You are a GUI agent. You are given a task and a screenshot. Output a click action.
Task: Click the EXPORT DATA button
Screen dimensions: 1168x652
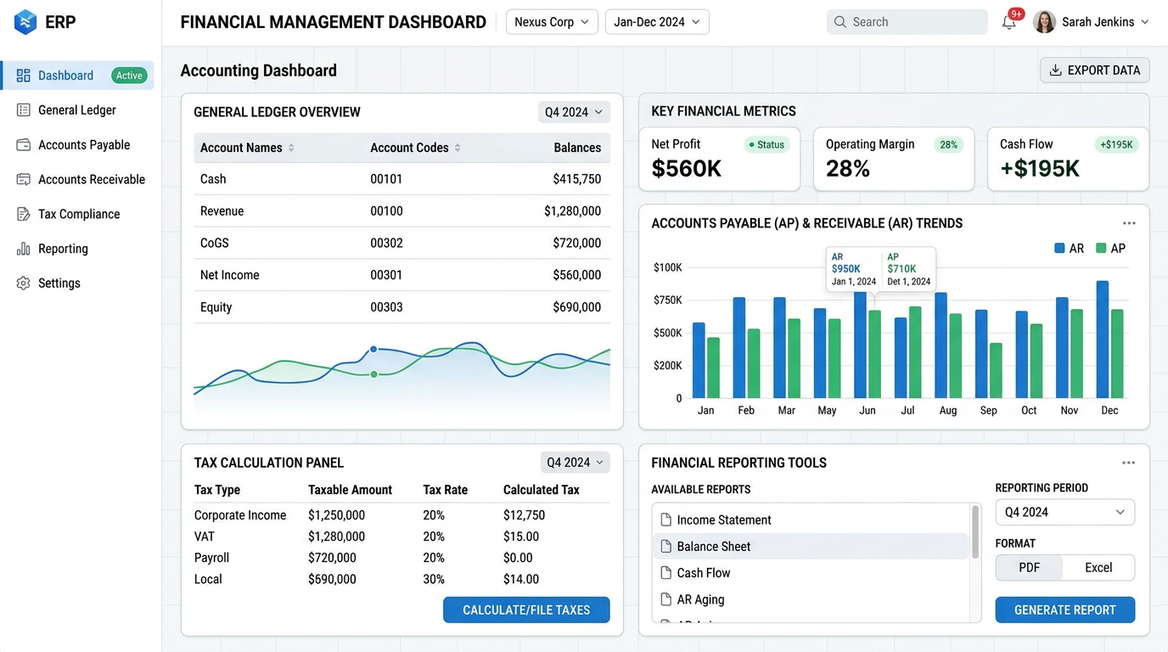pyautogui.click(x=1094, y=70)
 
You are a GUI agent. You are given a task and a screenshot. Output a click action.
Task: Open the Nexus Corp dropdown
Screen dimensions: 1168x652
pyautogui.click(x=552, y=22)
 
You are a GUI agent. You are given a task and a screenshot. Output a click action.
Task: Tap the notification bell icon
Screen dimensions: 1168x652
pyautogui.click(x=1009, y=22)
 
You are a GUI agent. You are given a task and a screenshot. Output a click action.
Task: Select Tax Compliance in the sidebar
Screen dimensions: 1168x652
pyautogui.click(x=79, y=214)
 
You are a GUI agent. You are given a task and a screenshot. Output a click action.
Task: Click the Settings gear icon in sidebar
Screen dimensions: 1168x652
pyautogui.click(x=23, y=284)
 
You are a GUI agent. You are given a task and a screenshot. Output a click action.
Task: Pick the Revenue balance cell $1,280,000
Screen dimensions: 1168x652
pyautogui.click(x=572, y=211)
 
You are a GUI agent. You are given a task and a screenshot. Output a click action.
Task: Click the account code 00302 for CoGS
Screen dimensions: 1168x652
pyautogui.click(x=386, y=243)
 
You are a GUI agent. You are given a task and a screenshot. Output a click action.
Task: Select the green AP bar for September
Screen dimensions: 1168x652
pyautogui.click(x=996, y=370)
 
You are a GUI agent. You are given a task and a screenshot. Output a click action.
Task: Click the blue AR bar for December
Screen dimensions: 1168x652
pyautogui.click(x=1103, y=340)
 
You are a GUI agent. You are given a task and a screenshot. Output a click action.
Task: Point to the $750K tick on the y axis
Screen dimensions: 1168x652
pyautogui.click(x=667, y=300)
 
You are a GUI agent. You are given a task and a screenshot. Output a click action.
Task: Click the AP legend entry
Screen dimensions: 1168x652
pyautogui.click(x=1110, y=248)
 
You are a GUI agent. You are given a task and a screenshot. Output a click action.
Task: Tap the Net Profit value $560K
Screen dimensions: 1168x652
pyautogui.click(x=686, y=168)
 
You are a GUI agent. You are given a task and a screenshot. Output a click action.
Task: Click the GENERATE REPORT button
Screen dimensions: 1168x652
pyautogui.click(x=1064, y=610)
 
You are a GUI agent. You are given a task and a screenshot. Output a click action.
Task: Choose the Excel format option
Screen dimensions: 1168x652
pyautogui.click(x=1098, y=567)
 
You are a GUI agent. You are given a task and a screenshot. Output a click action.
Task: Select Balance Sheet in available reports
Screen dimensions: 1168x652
pyautogui.click(x=713, y=546)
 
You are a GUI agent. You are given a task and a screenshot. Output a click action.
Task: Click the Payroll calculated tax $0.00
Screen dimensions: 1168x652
pyautogui.click(x=518, y=558)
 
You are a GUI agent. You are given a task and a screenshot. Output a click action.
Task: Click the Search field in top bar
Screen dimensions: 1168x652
pyautogui.click(x=907, y=22)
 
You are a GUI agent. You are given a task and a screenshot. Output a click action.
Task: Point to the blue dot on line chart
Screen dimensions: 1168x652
pyautogui.click(x=373, y=349)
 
